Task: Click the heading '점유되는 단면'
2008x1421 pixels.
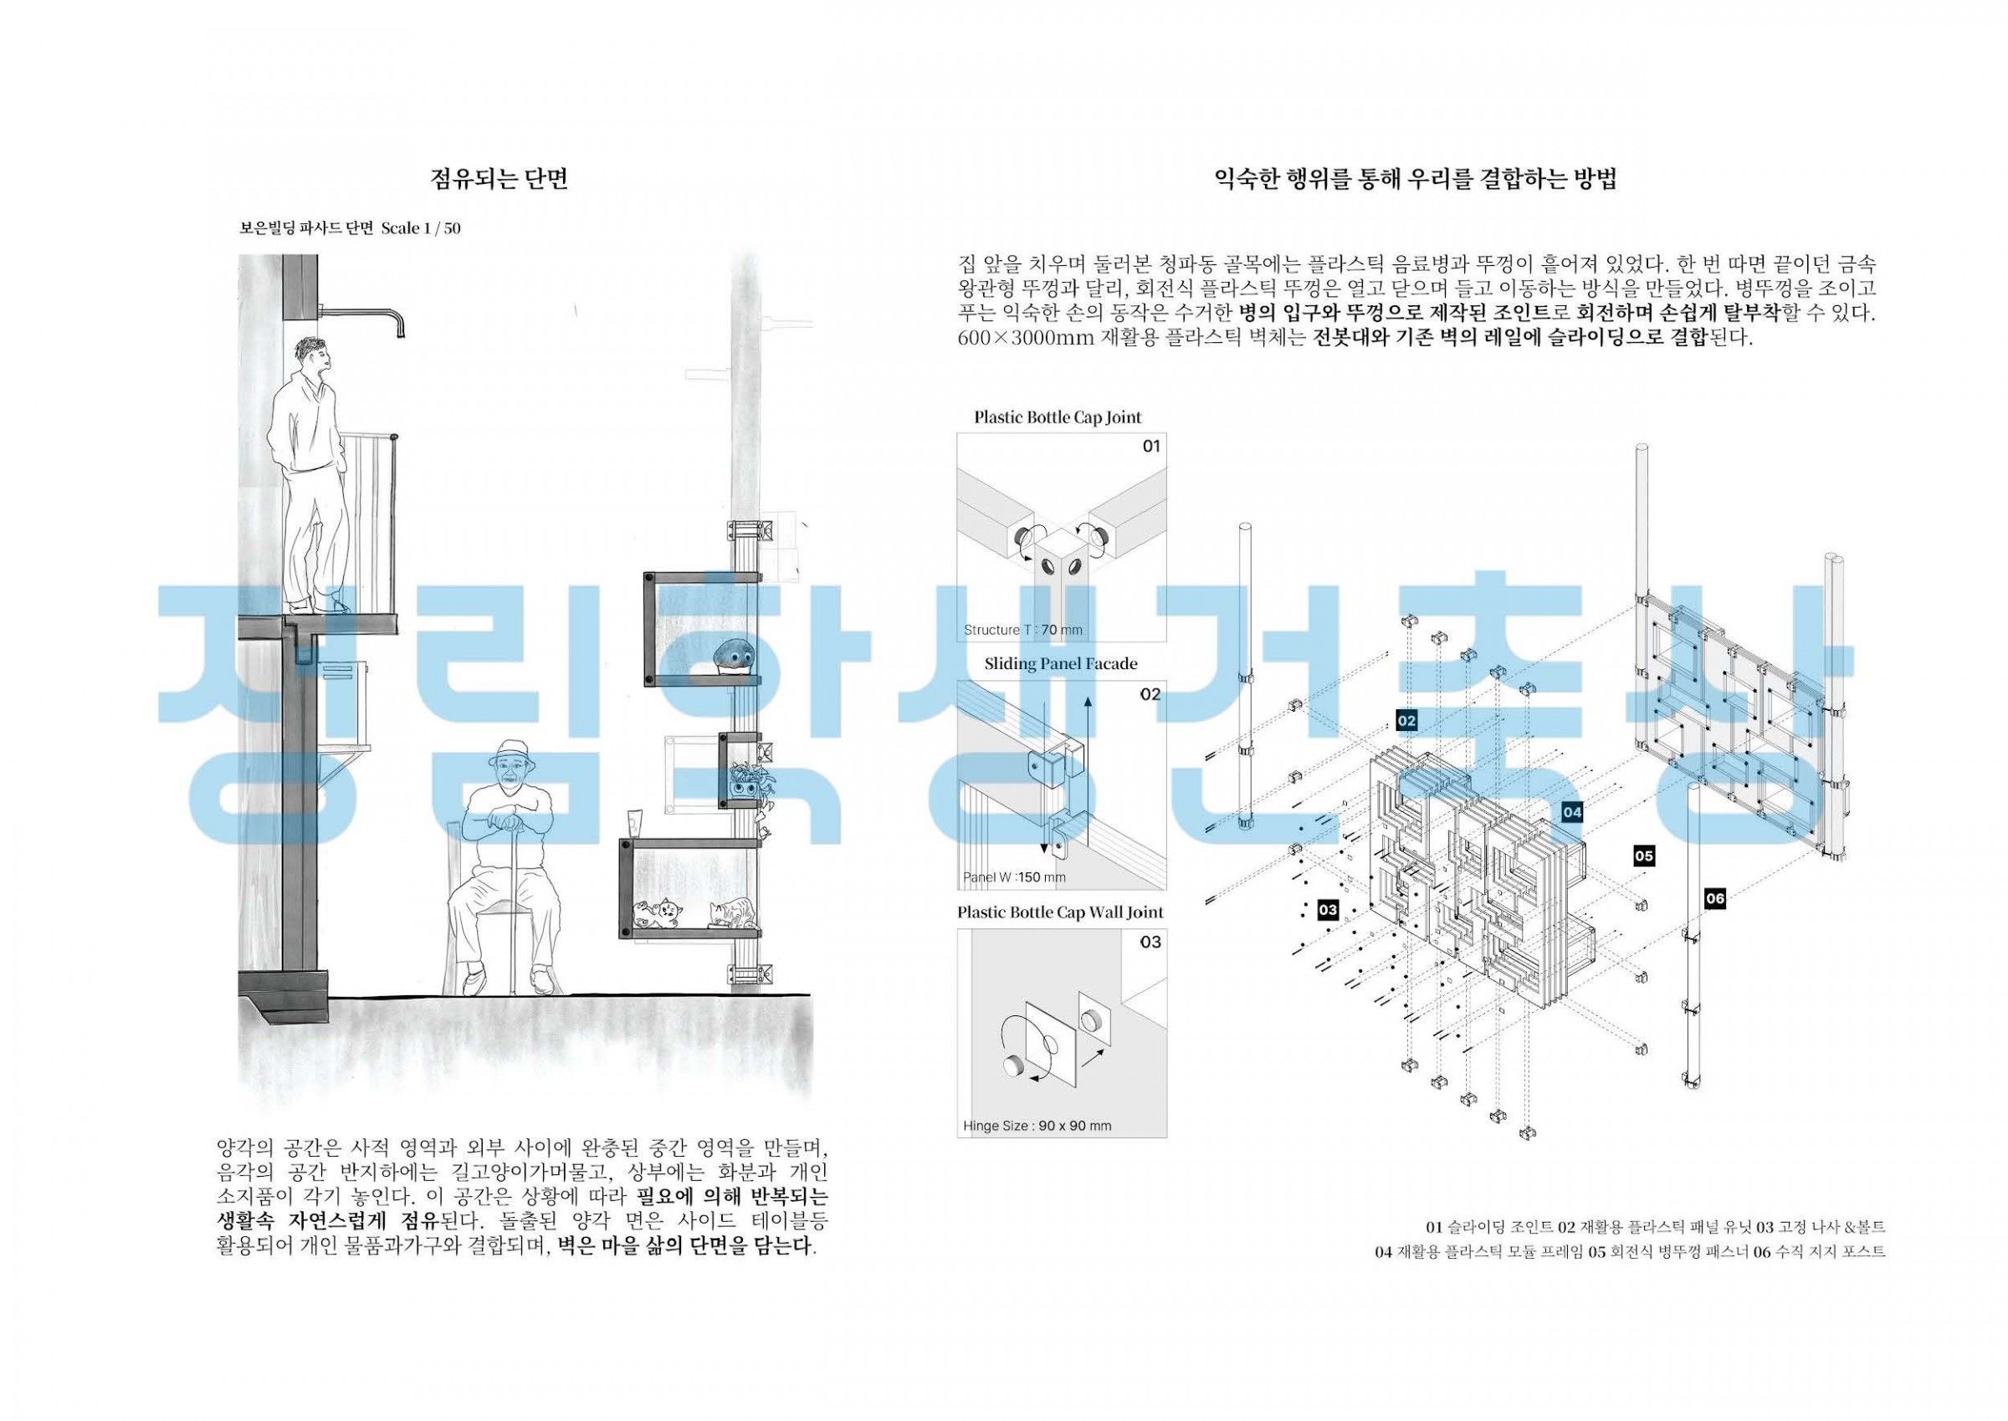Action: coord(499,178)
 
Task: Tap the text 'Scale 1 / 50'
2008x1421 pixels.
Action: coord(421,228)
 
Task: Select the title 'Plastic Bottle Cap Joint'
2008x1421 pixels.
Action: coord(1058,417)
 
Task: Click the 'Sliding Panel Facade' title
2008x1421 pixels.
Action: coord(1061,663)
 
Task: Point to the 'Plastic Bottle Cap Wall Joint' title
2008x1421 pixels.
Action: coord(1060,912)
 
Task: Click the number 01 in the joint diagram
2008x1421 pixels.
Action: coord(1151,447)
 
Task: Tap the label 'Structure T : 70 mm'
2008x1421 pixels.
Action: coord(1023,630)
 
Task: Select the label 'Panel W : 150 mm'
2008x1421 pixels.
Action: coord(1015,877)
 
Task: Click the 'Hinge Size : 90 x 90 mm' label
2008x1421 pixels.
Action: coord(1037,1125)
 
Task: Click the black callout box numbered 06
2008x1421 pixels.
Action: coord(1715,898)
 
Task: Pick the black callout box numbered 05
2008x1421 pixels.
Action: coord(1644,856)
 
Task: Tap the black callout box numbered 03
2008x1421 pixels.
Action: coord(1328,910)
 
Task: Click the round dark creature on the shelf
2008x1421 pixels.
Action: coord(732,657)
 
